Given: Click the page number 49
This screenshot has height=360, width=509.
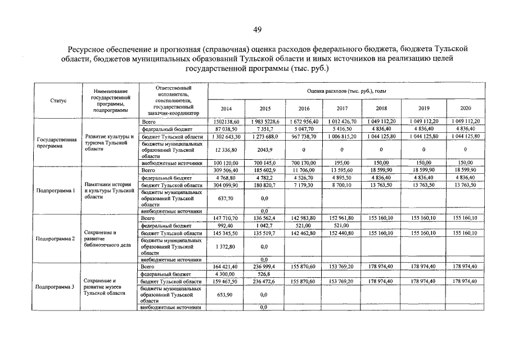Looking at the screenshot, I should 256,29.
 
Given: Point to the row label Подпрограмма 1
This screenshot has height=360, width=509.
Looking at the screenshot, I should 55,191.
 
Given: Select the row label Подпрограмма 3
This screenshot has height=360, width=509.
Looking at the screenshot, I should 55,287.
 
